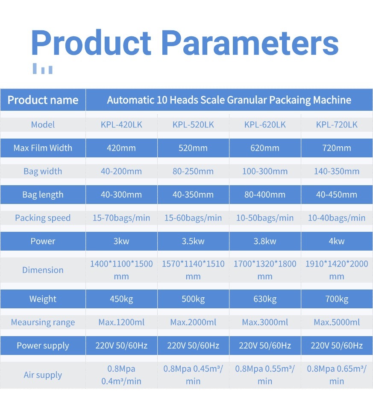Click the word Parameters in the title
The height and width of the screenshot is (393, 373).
250,42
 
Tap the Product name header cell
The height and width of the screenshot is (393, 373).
43,100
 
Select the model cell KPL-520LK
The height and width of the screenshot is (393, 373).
193,124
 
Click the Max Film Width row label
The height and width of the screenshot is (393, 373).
43,148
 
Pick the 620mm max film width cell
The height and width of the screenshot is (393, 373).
265,148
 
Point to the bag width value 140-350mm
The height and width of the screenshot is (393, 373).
337,171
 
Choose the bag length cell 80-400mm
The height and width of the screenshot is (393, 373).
265,195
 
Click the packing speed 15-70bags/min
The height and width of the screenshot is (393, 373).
121,218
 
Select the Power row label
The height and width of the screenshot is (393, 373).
43,241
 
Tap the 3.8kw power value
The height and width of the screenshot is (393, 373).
265,241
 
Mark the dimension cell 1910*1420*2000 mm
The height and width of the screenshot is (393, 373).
337,270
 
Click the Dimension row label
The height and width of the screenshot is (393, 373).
43,270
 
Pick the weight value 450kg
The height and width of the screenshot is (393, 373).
121,299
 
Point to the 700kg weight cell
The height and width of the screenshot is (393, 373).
337,299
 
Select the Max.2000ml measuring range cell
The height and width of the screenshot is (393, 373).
193,322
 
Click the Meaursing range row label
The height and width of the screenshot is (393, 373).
43,322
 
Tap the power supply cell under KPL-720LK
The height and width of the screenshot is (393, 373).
337,346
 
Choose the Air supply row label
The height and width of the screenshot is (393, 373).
43,375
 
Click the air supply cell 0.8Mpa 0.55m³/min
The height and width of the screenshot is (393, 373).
265,375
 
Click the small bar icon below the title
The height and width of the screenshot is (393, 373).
43,68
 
